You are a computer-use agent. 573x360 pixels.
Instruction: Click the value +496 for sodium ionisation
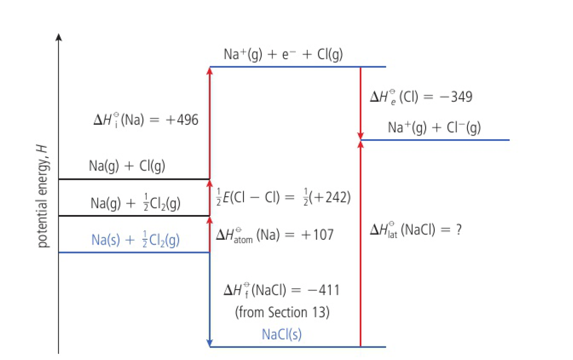click(182, 120)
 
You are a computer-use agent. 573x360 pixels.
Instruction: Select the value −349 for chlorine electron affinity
click(456, 97)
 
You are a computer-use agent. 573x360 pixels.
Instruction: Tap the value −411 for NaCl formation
click(323, 290)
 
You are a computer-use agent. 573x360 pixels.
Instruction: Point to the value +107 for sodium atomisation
click(317, 234)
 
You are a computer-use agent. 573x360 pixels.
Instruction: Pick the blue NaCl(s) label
click(282, 334)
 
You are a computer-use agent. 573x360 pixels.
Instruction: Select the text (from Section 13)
click(282, 312)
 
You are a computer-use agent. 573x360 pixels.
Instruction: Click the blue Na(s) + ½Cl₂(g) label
click(136, 240)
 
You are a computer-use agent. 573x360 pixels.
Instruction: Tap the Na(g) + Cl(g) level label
click(127, 166)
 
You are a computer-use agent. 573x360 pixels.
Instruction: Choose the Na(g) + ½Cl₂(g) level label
click(136, 203)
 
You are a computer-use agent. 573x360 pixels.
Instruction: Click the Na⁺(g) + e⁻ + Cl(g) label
click(283, 54)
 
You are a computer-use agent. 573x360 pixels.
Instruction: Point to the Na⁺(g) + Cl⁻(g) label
click(434, 127)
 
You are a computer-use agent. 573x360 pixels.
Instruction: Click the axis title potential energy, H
click(43, 196)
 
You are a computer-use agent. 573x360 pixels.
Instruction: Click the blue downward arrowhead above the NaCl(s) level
click(210, 343)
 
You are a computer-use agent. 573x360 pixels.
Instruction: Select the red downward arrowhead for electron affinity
click(361, 136)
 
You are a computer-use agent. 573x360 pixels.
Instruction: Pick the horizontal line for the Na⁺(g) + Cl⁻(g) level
click(435, 140)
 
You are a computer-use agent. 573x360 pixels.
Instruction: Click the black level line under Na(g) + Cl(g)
click(134, 179)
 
